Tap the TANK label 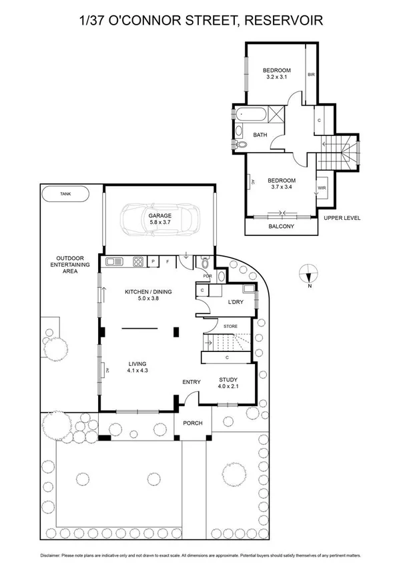(x=65, y=195)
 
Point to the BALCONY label (x=281, y=226)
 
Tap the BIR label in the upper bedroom (x=310, y=75)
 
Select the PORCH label (x=193, y=423)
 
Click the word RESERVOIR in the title (x=285, y=21)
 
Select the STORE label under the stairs (x=230, y=327)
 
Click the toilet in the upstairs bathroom (x=242, y=144)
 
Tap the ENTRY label (x=191, y=381)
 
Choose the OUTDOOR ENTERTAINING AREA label (x=73, y=265)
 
